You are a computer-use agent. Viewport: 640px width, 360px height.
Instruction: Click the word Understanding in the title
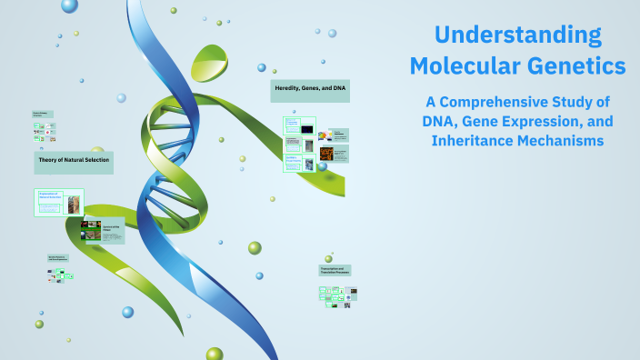point(517,35)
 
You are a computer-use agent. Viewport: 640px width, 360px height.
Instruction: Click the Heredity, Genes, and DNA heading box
point(310,91)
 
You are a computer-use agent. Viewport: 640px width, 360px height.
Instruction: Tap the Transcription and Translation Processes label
point(335,270)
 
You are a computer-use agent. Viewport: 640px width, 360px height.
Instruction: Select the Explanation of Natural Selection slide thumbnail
point(59,203)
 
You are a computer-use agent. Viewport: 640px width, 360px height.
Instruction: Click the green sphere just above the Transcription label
point(328,258)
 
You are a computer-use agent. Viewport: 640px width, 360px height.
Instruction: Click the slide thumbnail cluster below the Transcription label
point(337,295)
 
